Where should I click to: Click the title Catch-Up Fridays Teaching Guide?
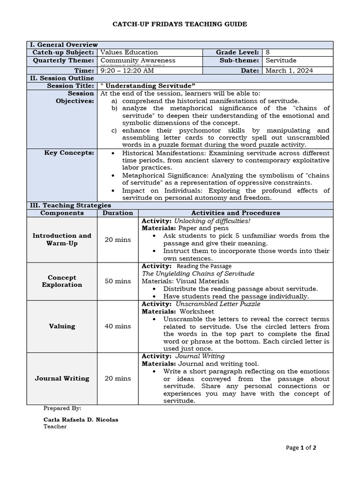tap(180, 24)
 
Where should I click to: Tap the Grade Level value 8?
tap(268, 52)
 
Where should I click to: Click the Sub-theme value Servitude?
tap(281, 60)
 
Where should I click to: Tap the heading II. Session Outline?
tap(60, 78)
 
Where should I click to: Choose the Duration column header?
tap(118, 213)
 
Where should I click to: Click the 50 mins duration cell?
tap(118, 281)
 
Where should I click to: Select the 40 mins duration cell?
tap(118, 326)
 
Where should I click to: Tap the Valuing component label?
tap(62, 326)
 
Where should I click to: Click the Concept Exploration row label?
tap(62, 281)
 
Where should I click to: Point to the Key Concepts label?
tap(69, 153)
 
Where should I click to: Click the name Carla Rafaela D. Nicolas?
tap(81, 420)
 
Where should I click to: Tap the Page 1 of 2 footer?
tap(301, 448)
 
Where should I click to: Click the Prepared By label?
tap(62, 408)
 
